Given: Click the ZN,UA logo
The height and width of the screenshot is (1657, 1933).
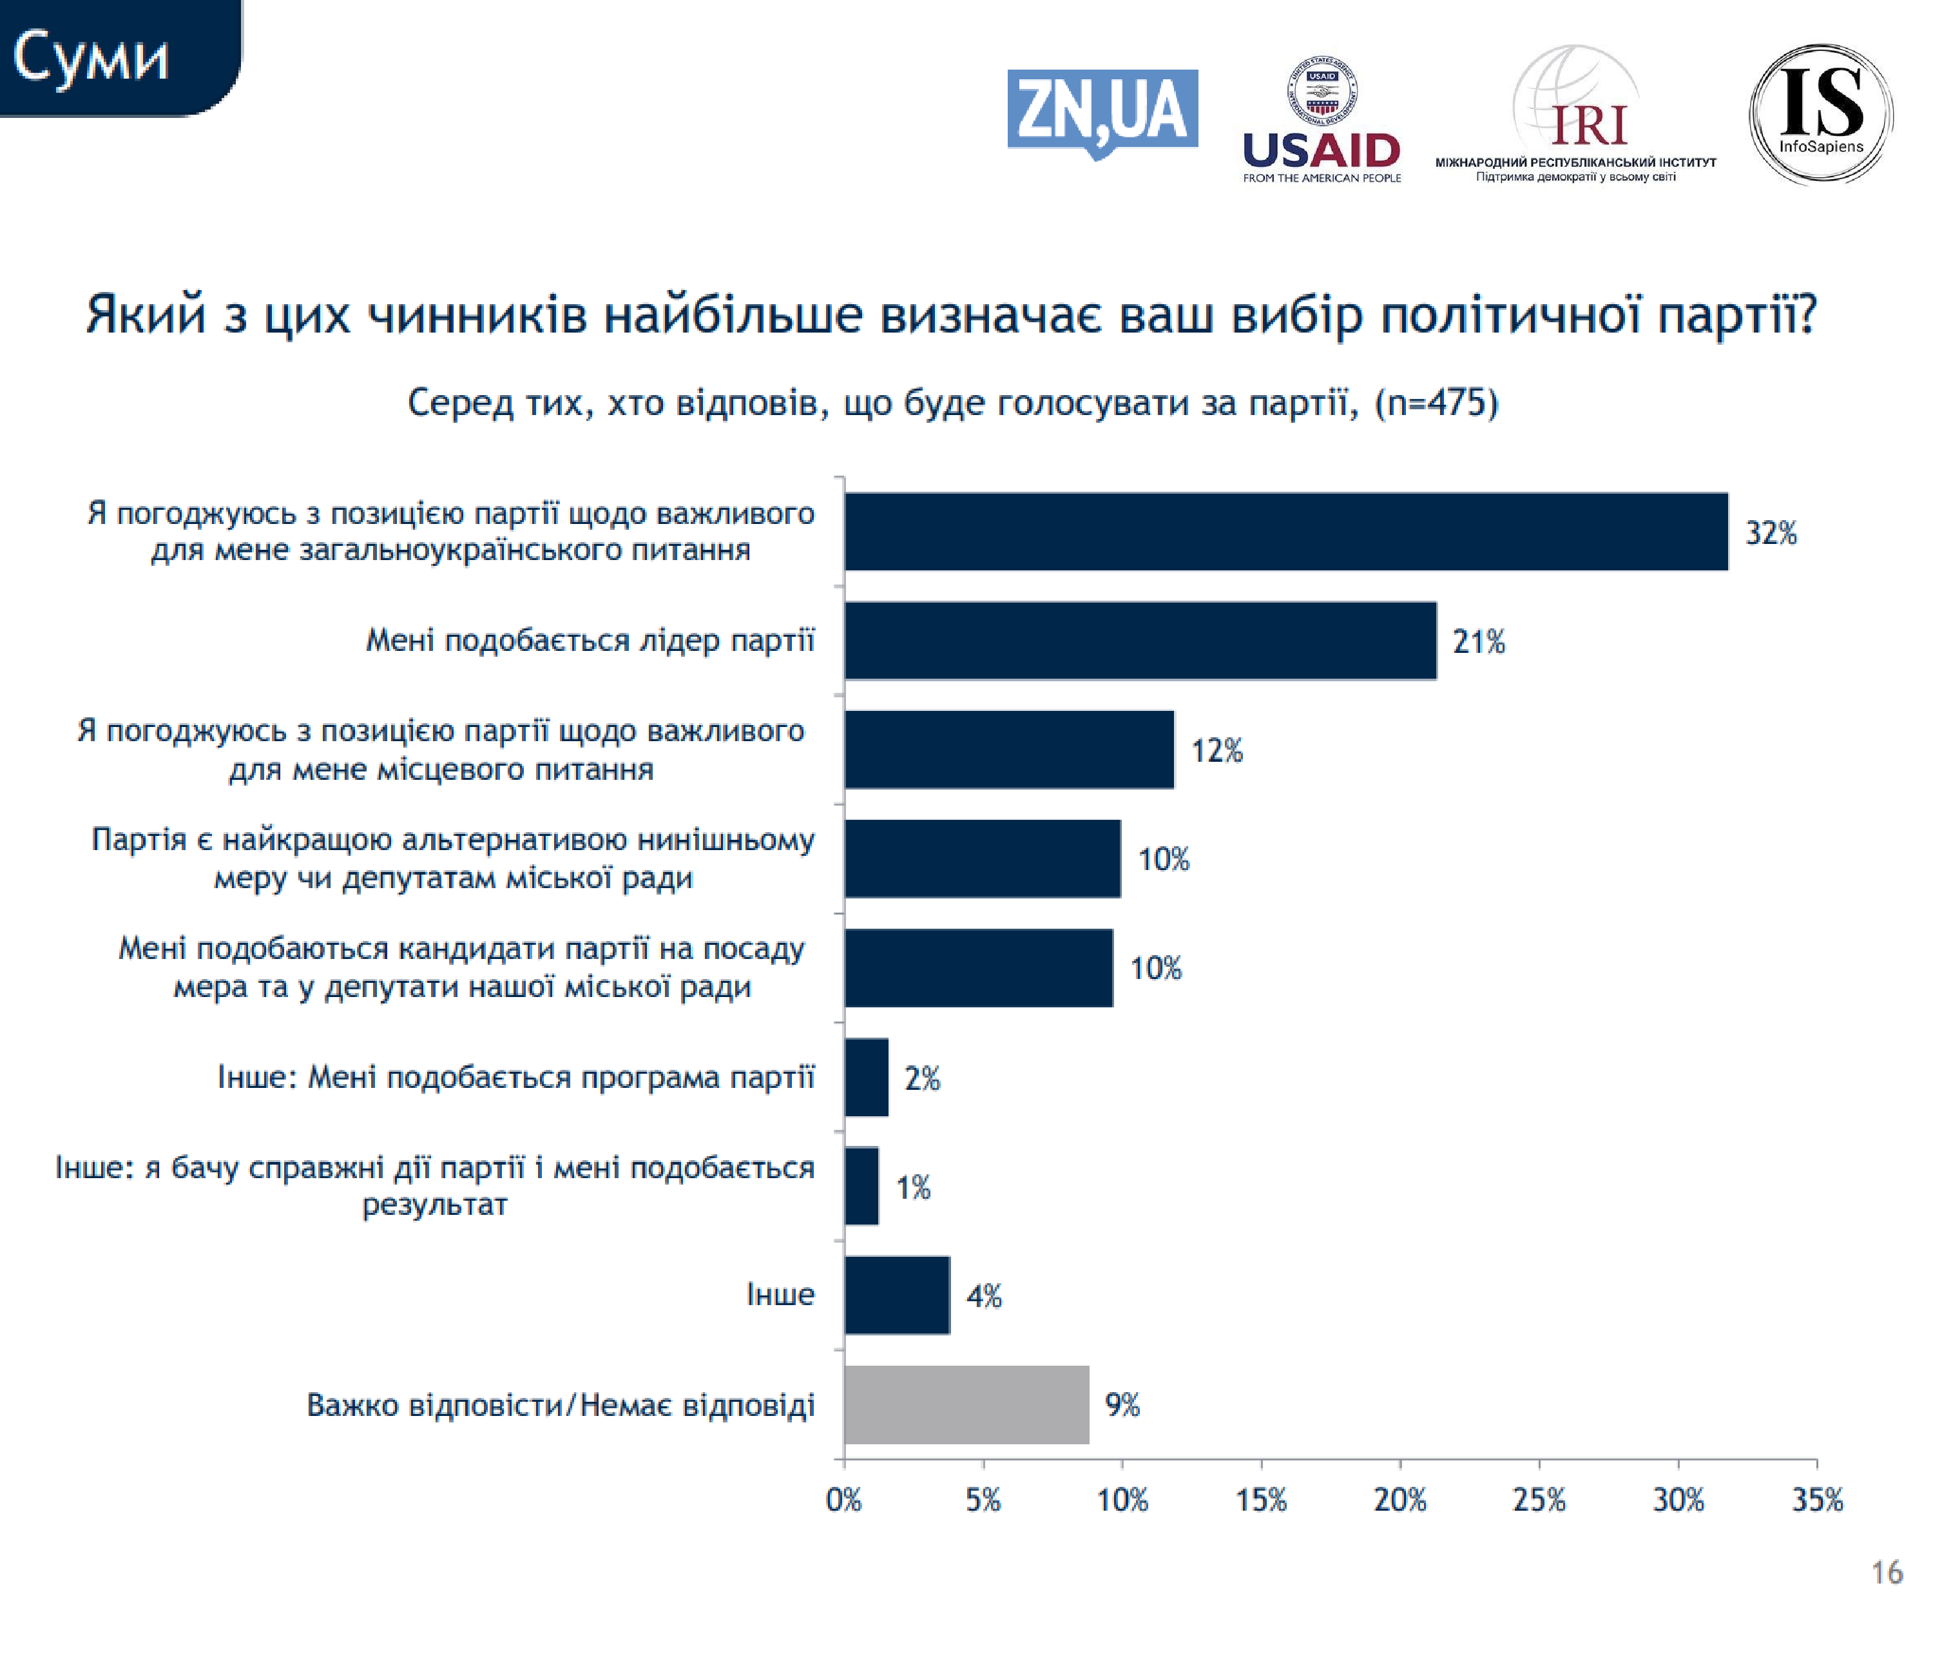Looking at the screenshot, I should [1102, 111].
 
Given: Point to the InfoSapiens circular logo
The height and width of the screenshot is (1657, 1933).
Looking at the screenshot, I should [1820, 114].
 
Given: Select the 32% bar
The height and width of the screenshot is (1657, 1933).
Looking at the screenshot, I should [1285, 532].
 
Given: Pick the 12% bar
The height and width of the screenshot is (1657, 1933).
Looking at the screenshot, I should [1008, 749].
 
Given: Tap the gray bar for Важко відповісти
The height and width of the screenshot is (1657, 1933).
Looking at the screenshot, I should [966, 1404].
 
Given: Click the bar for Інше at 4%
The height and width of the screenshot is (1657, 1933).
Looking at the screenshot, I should [896, 1295].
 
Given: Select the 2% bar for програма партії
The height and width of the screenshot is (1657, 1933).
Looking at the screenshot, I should [866, 1078].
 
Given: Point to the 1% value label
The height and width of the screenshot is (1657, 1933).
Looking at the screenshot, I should [913, 1188].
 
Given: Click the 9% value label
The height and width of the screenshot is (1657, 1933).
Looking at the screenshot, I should [1122, 1404].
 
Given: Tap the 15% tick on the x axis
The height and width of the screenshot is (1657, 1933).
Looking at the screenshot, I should [1262, 1500].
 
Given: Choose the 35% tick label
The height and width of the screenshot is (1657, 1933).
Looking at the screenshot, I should [1817, 1500].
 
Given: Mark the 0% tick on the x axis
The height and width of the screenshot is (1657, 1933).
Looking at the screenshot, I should [844, 1500].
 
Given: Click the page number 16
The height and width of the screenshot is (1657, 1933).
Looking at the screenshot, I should [1887, 1572].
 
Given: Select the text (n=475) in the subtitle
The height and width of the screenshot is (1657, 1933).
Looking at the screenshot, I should [1437, 403].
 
